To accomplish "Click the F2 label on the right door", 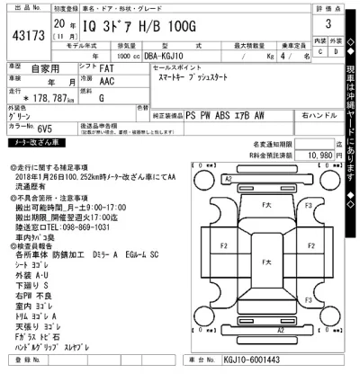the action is [307, 242].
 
